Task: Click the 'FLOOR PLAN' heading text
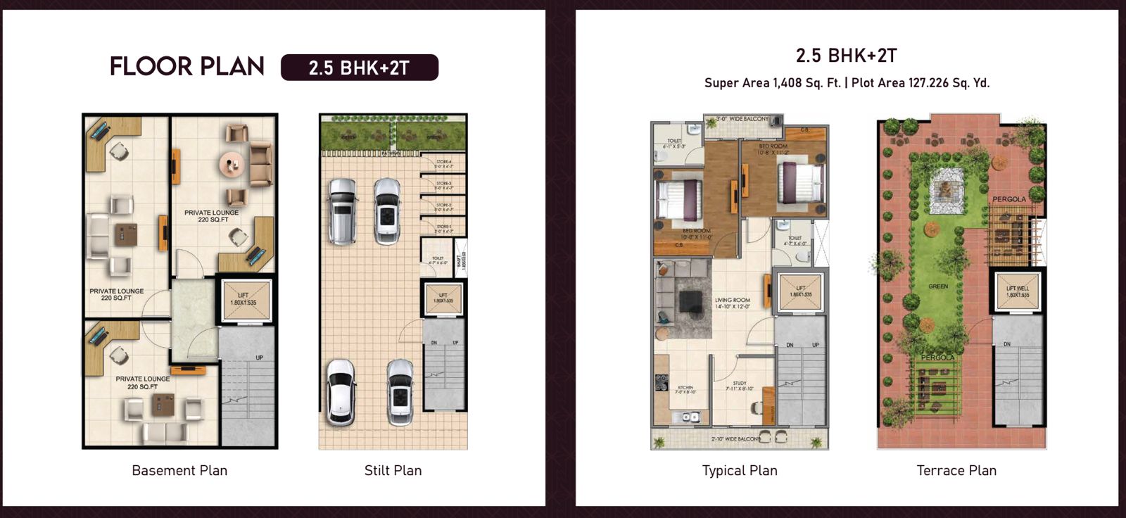point(186,66)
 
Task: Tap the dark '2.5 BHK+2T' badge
point(359,68)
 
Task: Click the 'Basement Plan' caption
point(179,470)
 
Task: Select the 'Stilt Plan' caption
point(393,470)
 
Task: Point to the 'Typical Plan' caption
point(740,470)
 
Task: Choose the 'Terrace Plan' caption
point(956,470)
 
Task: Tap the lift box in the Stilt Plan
point(443,298)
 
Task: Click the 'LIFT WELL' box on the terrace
point(1018,291)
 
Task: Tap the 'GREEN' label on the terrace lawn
point(938,286)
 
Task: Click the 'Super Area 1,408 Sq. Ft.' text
point(772,83)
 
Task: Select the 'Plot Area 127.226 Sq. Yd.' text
point(921,83)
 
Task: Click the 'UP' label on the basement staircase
point(259,358)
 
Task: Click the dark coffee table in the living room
point(690,301)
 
